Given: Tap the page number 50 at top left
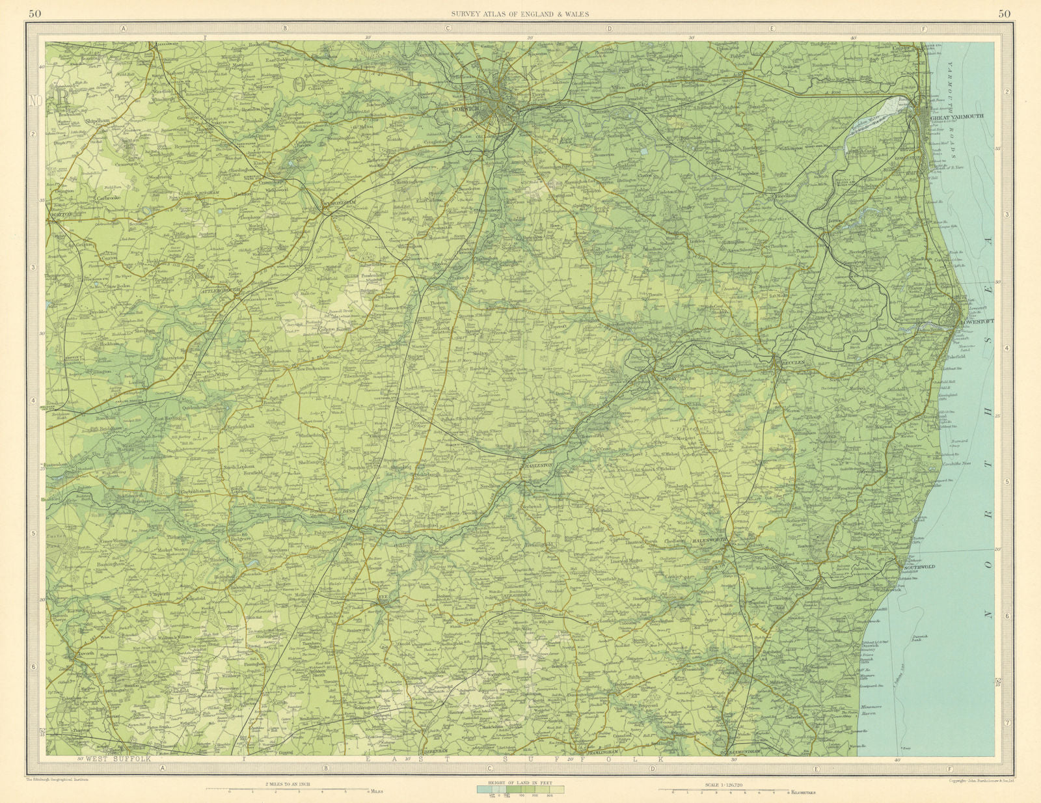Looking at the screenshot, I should pyautogui.click(x=37, y=14).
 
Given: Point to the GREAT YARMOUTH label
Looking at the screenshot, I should pyautogui.click(x=958, y=116).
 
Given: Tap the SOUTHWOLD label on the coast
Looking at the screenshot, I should pyautogui.click(x=919, y=567).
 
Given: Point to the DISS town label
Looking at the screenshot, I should pyautogui.click(x=349, y=511).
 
